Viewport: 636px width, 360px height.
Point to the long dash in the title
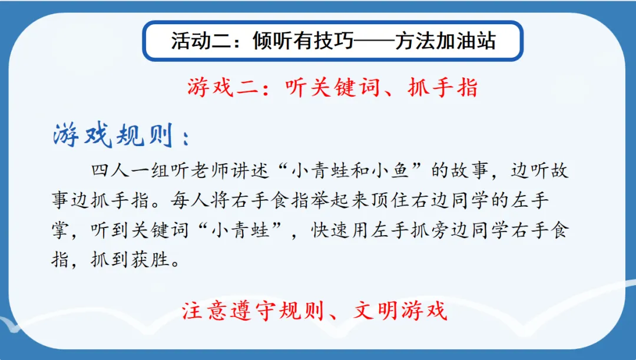tap(374, 41)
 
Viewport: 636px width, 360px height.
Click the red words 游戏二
tap(223, 87)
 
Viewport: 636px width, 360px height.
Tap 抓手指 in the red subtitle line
tap(443, 87)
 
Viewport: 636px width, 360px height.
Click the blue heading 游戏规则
tap(113, 134)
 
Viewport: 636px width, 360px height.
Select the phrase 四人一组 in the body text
tap(130, 170)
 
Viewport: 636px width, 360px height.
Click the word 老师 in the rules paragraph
tap(209, 170)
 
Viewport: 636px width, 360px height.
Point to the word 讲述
tap(249, 170)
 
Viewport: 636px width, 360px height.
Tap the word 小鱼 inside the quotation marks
tap(390, 170)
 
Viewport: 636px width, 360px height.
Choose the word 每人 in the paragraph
tap(190, 200)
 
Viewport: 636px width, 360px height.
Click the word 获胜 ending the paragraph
tap(150, 260)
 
